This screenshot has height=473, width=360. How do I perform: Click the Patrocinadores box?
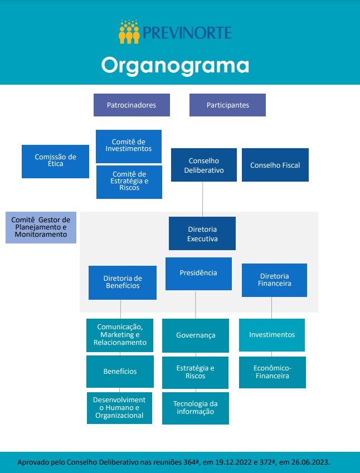(132, 105)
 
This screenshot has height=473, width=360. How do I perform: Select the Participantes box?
(227, 105)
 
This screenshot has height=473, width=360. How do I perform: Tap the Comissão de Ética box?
(55, 161)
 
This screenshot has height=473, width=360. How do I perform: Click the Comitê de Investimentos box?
(129, 146)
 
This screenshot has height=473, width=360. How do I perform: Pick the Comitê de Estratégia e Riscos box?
(129, 182)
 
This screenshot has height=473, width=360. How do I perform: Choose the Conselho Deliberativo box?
(204, 165)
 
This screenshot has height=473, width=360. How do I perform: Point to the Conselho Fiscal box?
(275, 165)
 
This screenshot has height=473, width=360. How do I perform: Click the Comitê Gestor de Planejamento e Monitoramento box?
(41, 227)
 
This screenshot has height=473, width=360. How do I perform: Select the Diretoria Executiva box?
(202, 233)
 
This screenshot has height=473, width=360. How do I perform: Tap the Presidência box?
(198, 274)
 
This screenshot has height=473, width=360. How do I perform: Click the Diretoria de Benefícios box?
(123, 282)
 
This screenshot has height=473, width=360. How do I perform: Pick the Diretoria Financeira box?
(274, 280)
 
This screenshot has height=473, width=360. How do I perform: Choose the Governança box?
(196, 335)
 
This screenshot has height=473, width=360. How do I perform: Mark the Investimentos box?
(272, 335)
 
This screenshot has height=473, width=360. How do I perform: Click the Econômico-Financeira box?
(272, 372)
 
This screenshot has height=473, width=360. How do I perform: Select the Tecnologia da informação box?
(195, 408)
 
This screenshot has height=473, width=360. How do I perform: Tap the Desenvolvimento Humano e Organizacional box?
(119, 408)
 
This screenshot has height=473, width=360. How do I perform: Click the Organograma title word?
(175, 65)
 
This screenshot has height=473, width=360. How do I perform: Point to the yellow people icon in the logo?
(129, 32)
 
